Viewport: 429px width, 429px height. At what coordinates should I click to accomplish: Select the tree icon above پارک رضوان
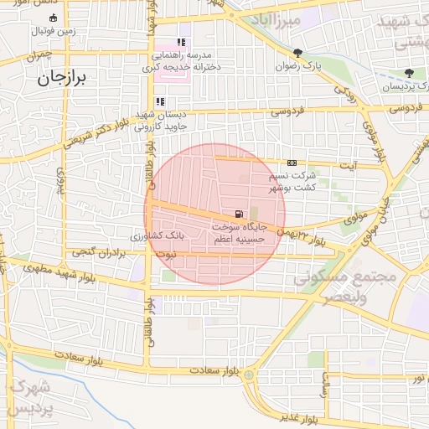(x=297, y=52)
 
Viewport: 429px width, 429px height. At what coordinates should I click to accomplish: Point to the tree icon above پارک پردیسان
(x=409, y=74)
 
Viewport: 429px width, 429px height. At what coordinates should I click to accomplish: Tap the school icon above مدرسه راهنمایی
(x=181, y=43)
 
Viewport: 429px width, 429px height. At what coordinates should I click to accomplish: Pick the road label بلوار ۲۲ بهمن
(x=305, y=235)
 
